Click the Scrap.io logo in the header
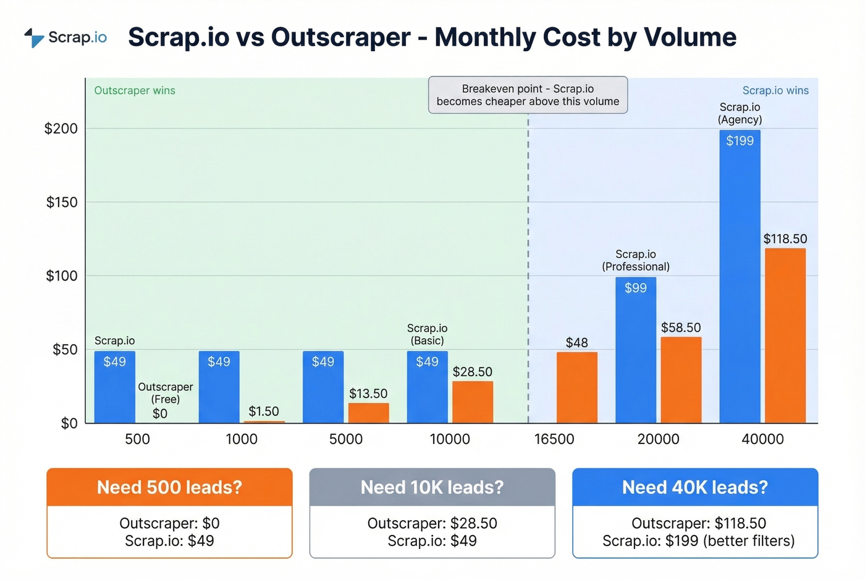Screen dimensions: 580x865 (65, 38)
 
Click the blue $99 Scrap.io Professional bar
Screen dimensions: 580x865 (635, 350)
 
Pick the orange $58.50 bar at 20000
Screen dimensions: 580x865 (681, 380)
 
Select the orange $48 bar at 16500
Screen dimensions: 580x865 (576, 387)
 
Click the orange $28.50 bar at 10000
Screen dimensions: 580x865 (472, 402)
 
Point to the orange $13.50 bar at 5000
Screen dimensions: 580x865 (368, 413)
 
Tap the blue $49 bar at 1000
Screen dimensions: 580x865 (219, 387)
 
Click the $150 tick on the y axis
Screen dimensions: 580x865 (62, 203)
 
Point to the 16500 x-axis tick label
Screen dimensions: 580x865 (554, 439)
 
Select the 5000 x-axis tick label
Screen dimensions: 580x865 (345, 439)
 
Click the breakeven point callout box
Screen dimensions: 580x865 (528, 95)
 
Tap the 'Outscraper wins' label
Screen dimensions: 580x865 (135, 91)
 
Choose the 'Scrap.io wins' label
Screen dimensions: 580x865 (775, 91)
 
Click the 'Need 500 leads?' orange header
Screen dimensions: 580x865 (169, 487)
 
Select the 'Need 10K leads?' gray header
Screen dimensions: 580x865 (432, 487)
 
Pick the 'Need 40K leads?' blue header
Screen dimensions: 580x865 (695, 487)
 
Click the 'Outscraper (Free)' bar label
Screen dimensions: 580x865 (165, 393)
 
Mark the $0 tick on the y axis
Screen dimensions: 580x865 (69, 424)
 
